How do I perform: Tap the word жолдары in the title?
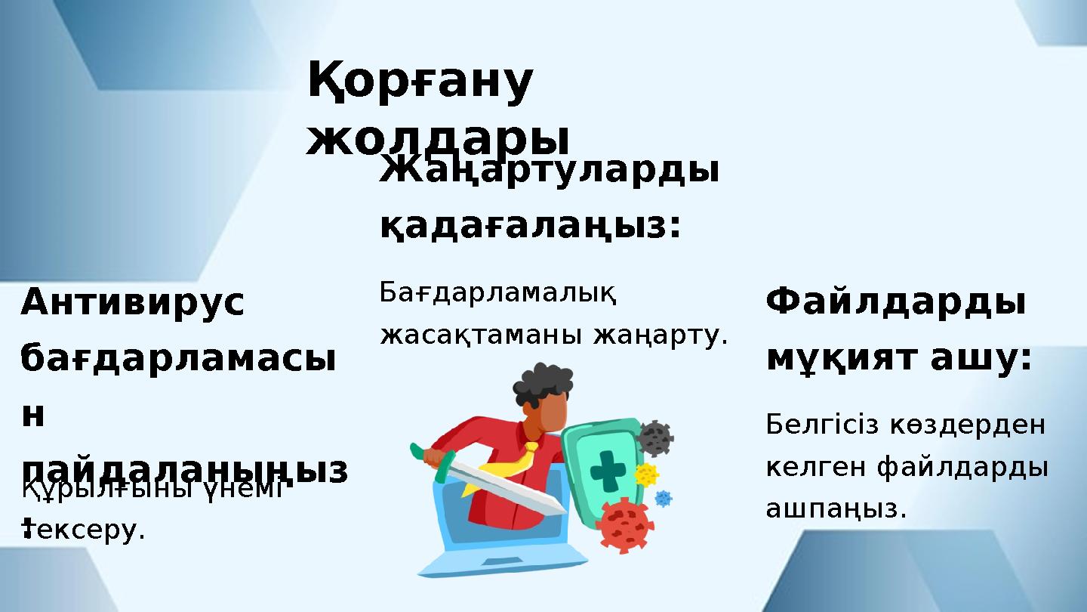(x=437, y=138)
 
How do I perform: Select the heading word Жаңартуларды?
(x=549, y=172)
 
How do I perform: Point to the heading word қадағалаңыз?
(x=530, y=224)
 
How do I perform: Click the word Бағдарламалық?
(x=498, y=292)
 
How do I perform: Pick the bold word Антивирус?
(x=133, y=303)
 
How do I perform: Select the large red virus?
(x=624, y=524)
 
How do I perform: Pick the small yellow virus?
(x=645, y=474)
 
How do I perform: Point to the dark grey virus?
(x=654, y=437)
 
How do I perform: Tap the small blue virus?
(x=663, y=499)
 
